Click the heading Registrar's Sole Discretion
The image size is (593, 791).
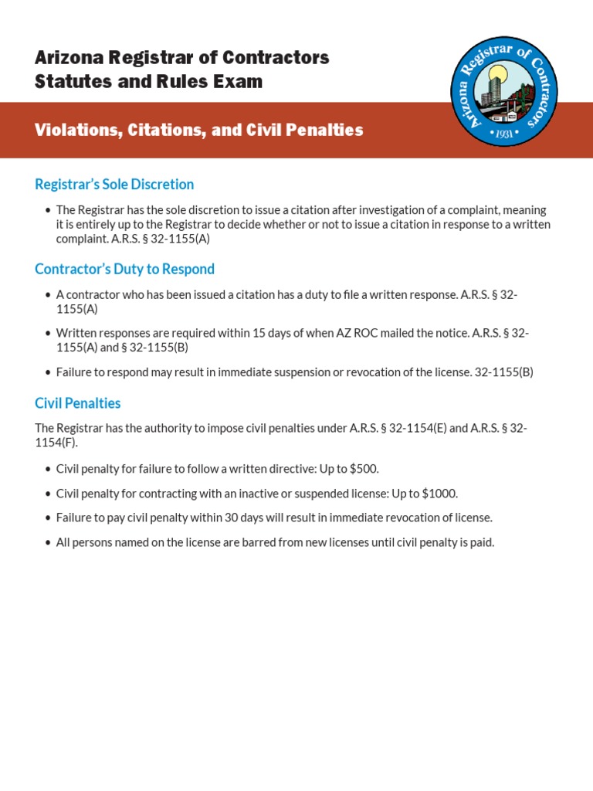(x=114, y=185)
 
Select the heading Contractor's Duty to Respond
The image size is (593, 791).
(x=124, y=270)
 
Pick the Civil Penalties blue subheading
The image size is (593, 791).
(x=78, y=403)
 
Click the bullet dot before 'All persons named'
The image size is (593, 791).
(x=48, y=543)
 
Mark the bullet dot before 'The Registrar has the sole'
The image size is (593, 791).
(x=48, y=210)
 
